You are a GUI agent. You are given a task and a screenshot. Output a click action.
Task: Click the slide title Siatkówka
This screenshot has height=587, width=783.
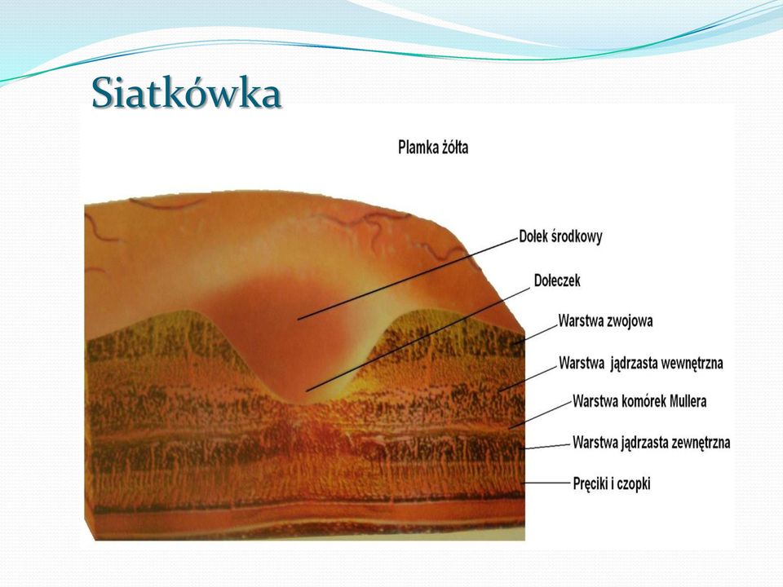click(187, 93)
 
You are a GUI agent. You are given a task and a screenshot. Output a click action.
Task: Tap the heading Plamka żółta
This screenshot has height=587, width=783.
click(433, 148)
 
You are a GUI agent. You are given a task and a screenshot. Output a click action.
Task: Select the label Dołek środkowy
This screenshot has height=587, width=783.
click(561, 236)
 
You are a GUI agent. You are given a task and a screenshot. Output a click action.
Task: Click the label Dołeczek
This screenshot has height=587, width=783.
click(557, 280)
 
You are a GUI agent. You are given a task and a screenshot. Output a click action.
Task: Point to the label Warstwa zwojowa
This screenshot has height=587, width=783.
click(605, 320)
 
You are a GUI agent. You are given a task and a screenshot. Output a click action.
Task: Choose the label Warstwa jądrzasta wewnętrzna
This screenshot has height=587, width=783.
click(641, 363)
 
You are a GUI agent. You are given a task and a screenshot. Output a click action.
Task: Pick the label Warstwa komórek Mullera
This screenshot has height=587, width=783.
click(639, 401)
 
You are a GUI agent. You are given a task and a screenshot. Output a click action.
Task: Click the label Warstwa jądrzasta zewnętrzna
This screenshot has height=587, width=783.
click(651, 443)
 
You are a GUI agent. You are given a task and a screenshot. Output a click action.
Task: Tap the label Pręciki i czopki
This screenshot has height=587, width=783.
click(612, 483)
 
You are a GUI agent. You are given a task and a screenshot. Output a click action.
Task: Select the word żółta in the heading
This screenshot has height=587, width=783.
click(455, 148)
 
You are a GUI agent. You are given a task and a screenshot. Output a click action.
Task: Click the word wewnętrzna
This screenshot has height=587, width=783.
click(692, 364)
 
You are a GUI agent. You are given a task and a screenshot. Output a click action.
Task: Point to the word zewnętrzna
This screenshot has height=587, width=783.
click(700, 443)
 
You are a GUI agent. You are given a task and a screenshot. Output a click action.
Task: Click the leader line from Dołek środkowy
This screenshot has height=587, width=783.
click(407, 279)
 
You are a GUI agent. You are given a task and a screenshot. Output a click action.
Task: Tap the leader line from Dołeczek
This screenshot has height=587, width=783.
click(418, 339)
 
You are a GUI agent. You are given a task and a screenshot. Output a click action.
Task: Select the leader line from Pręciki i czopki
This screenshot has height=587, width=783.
click(546, 483)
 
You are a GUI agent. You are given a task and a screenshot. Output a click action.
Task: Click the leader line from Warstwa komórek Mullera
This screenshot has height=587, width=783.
click(540, 414)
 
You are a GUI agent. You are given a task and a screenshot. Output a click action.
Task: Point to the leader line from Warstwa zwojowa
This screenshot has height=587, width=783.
click(534, 334)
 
